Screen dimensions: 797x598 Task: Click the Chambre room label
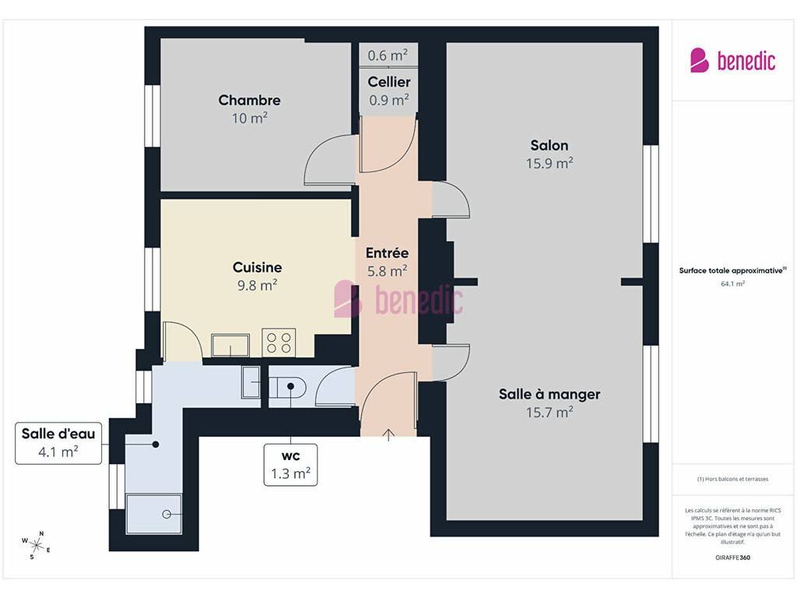(249, 100)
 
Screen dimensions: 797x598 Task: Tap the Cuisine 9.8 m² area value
(257, 285)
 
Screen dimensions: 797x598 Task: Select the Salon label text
(549, 146)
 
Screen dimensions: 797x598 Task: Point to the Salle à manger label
(549, 394)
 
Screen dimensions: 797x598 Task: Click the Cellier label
(389, 82)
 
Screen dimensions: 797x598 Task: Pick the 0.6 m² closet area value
(388, 55)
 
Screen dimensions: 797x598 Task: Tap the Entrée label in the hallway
(388, 253)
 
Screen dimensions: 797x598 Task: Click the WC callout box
(291, 465)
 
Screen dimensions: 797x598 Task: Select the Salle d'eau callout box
(58, 443)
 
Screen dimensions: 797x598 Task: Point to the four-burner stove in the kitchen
(279, 343)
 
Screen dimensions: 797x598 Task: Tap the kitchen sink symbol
(230, 345)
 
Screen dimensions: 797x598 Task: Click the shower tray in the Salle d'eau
(153, 514)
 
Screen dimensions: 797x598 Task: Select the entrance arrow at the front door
(389, 434)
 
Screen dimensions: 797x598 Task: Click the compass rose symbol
(36, 546)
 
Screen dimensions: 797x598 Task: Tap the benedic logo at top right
(732, 61)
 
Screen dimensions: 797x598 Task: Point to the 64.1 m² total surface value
(732, 283)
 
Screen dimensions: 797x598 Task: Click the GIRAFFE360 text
(732, 558)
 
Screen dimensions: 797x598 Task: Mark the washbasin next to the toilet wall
(251, 382)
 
